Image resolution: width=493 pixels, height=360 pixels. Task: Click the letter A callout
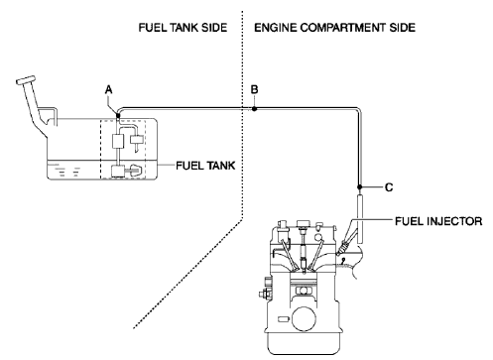(x=110, y=90)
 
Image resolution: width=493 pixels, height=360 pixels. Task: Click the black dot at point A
(x=117, y=113)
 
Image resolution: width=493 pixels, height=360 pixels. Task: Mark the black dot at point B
(x=254, y=109)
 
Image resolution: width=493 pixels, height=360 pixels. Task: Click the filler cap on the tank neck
(x=22, y=77)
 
